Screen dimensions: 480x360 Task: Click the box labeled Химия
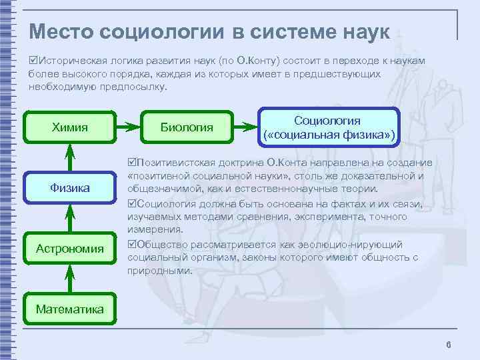[69, 125]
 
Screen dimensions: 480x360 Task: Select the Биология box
[187, 125]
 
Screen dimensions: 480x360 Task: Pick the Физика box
[69, 188]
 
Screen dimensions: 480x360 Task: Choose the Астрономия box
[69, 249]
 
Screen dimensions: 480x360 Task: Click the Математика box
[69, 309]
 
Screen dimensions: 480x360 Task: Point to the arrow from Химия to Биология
[128, 125]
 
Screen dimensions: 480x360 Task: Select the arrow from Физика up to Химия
[69, 157]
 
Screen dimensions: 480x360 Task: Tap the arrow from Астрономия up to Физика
[69, 218]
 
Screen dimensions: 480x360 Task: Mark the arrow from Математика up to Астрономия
[69, 278]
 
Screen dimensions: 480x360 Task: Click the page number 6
[448, 344]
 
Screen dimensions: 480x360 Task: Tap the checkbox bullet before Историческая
[33, 61]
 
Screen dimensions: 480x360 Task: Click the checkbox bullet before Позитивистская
[131, 163]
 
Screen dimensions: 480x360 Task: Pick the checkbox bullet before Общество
[131, 244]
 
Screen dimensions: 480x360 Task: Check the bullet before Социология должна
[131, 203]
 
